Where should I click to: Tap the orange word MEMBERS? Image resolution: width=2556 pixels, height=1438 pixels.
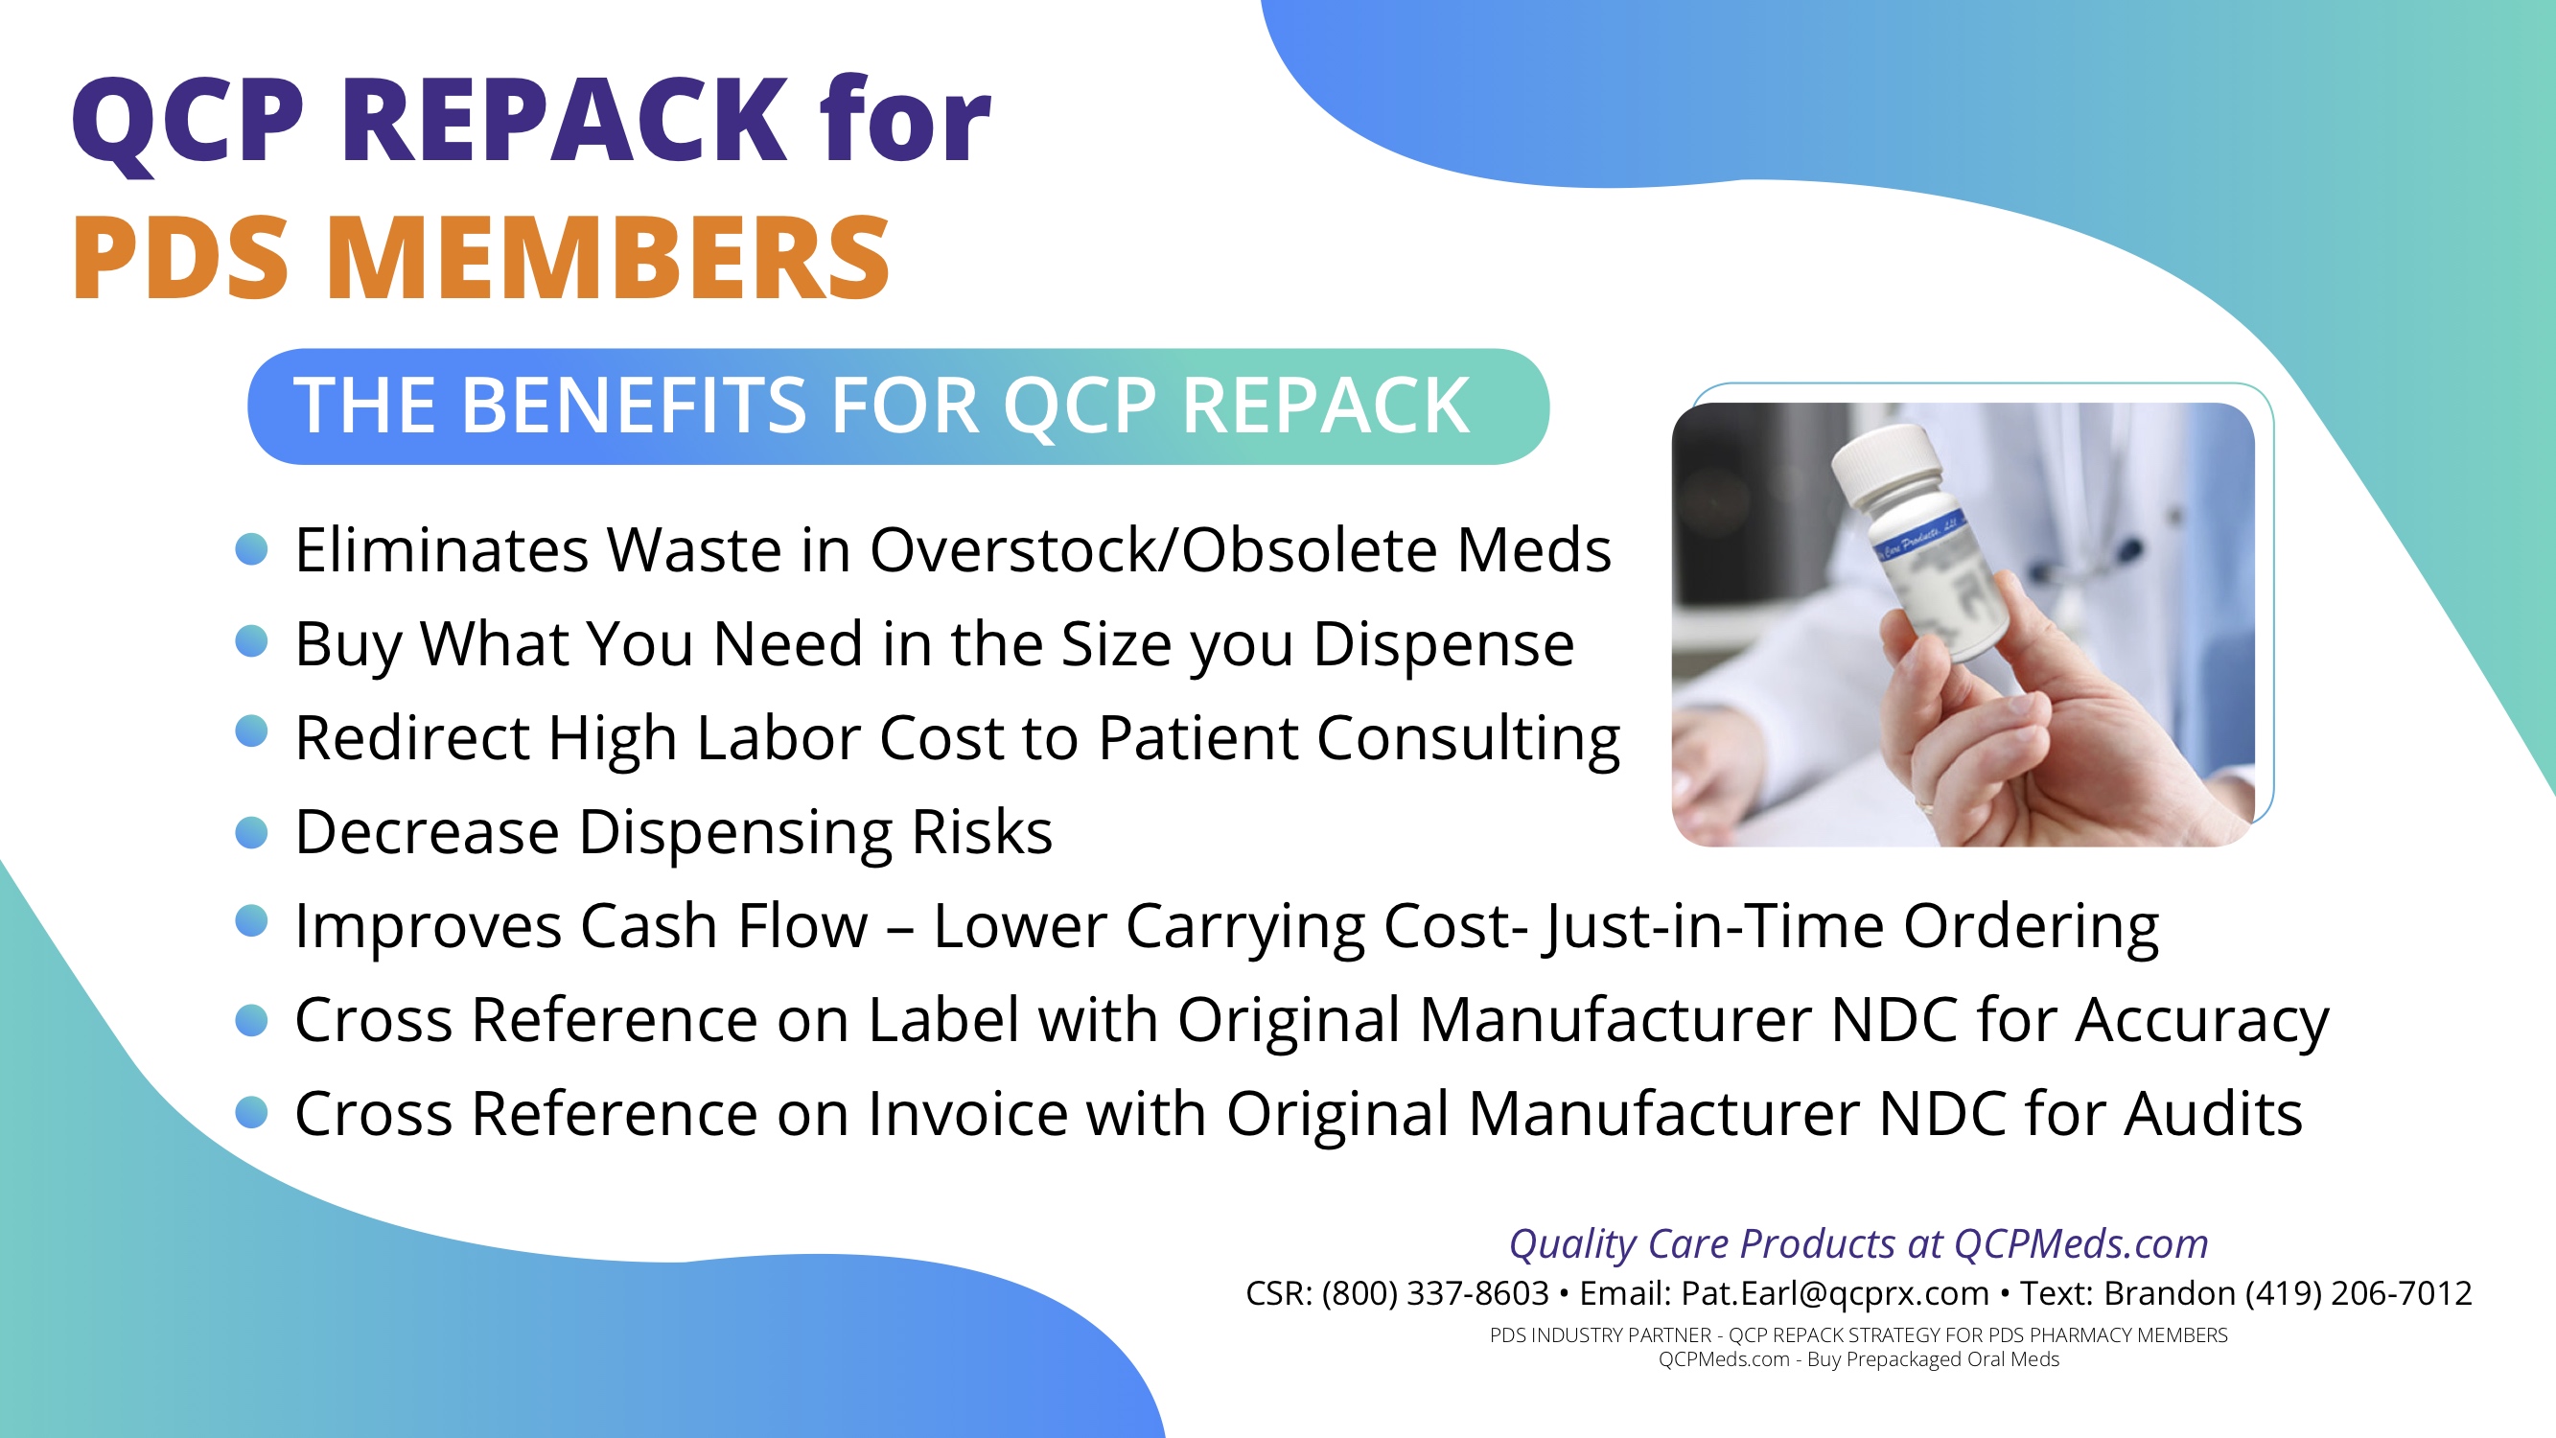607,258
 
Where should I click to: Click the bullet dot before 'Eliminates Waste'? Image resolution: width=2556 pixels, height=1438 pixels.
252,548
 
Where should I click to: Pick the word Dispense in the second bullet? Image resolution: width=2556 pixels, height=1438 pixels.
1444,645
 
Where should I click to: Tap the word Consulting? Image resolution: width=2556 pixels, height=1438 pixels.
1469,739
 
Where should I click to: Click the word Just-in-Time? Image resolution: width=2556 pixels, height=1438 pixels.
1712,927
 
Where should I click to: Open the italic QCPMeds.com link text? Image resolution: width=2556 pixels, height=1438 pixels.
2080,1243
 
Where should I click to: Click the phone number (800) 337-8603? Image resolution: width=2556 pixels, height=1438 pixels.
1435,1293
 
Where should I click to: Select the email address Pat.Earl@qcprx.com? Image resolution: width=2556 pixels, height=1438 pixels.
1835,1294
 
